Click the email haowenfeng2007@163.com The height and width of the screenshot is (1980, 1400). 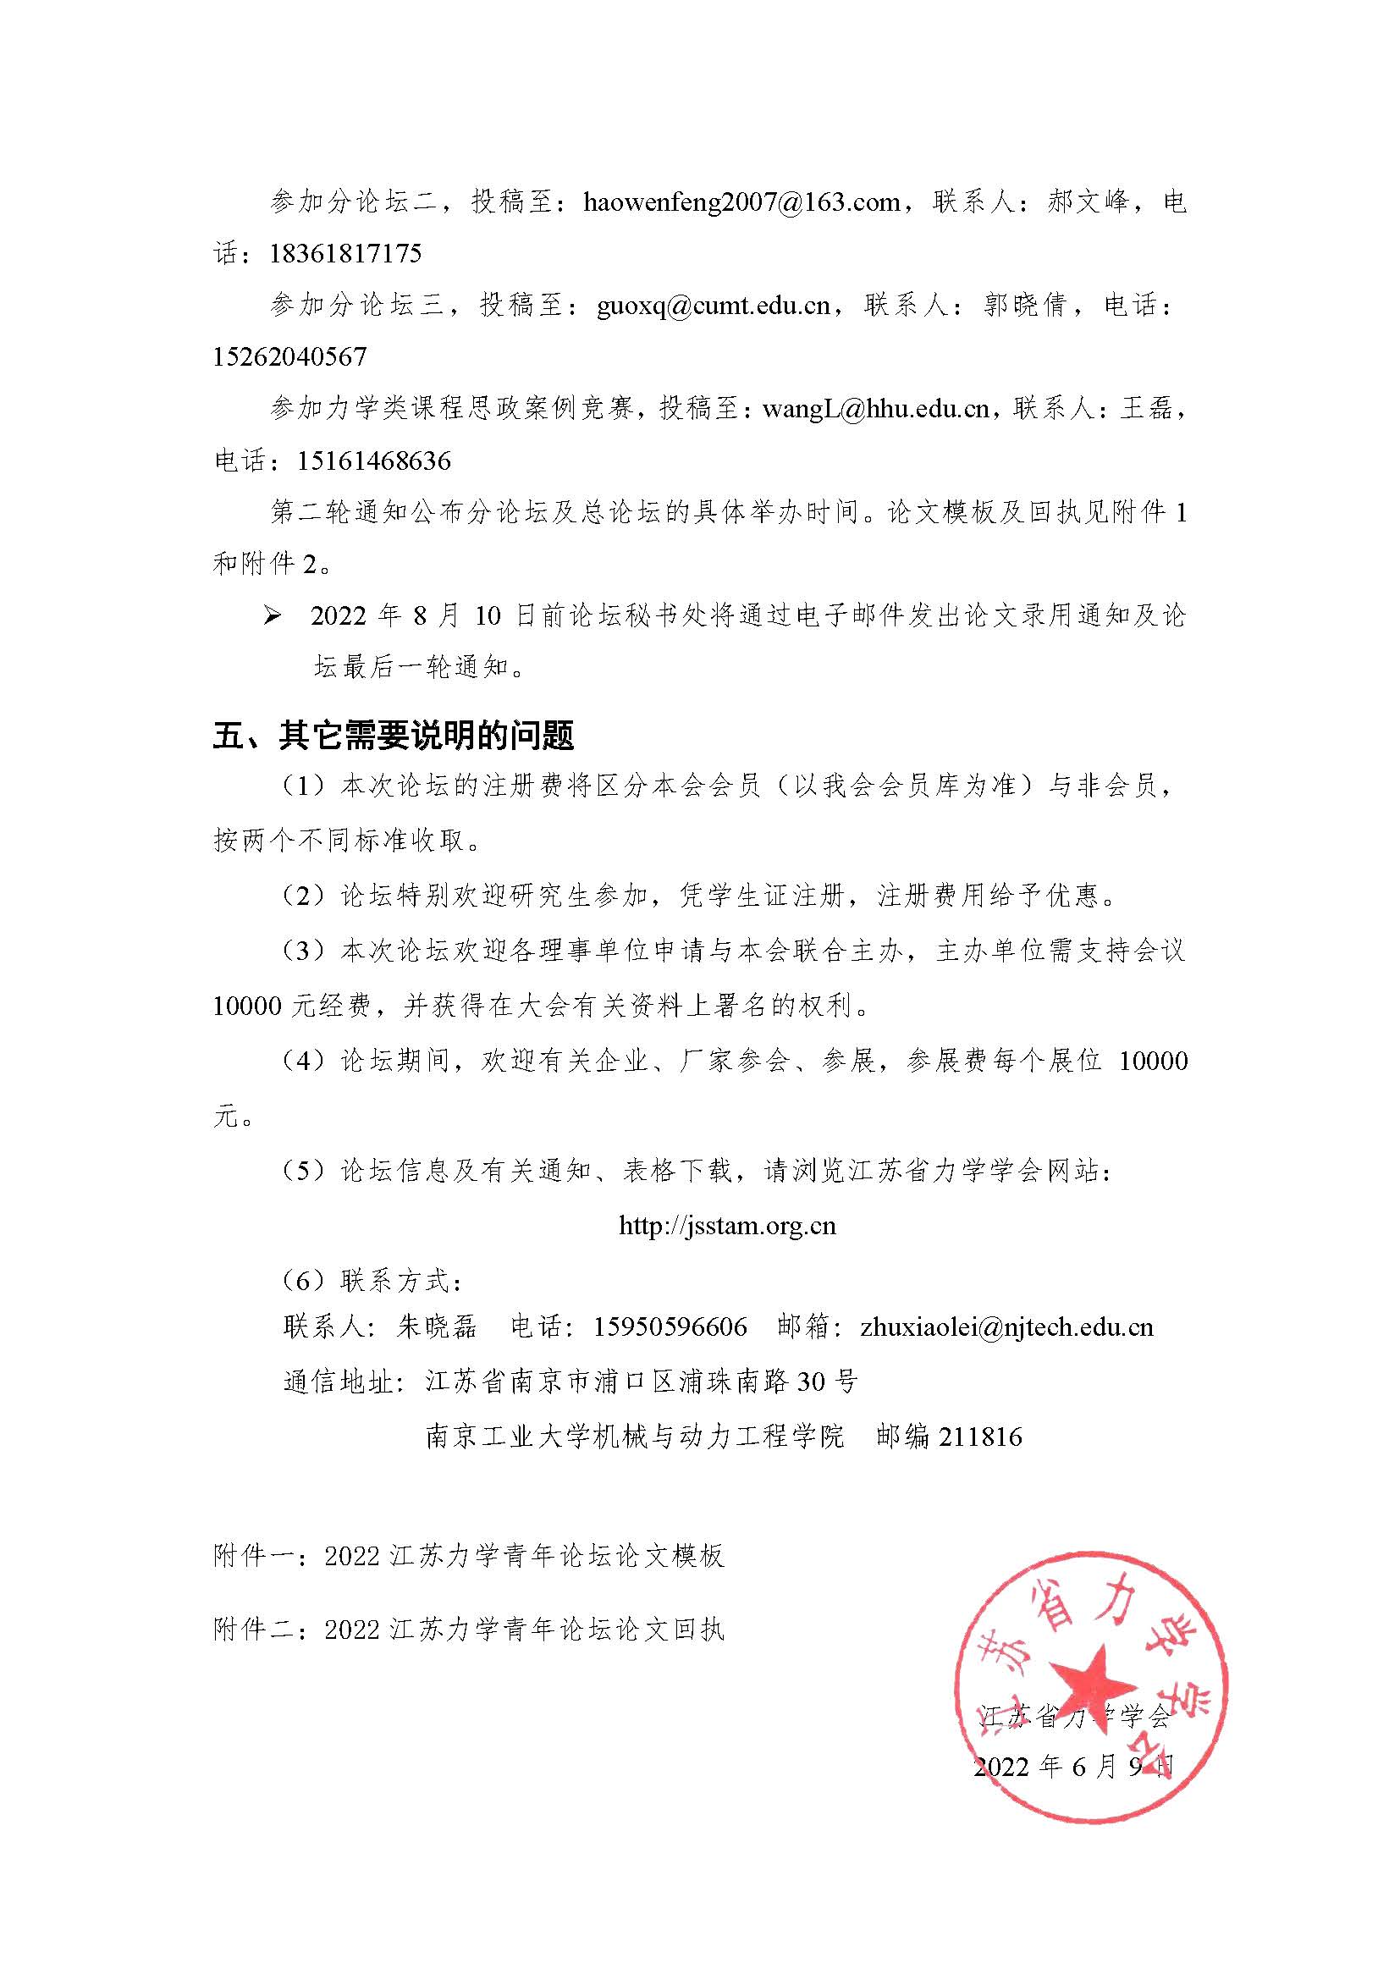pyautogui.click(x=741, y=201)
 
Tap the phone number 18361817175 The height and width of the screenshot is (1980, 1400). pyautogui.click(x=344, y=254)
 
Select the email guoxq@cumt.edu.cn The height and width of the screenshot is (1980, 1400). pyautogui.click(x=713, y=306)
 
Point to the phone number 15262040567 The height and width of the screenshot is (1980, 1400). pyautogui.click(x=289, y=356)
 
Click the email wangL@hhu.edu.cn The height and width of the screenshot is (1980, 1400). pyautogui.click(x=876, y=409)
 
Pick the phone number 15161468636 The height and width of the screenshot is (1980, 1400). pyautogui.click(x=374, y=461)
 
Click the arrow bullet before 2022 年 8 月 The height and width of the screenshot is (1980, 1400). pyautogui.click(x=273, y=615)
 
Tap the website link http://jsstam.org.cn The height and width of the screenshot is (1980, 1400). pyautogui.click(x=728, y=1226)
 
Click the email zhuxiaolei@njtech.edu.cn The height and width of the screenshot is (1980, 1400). pyautogui.click(x=1007, y=1326)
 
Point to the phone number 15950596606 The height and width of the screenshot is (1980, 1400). pyautogui.click(x=670, y=1326)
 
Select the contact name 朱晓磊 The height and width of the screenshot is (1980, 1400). pyautogui.click(x=436, y=1326)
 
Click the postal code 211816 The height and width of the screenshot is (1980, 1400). pyautogui.click(x=980, y=1437)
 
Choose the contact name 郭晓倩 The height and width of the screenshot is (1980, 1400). pyautogui.click(x=1025, y=306)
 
